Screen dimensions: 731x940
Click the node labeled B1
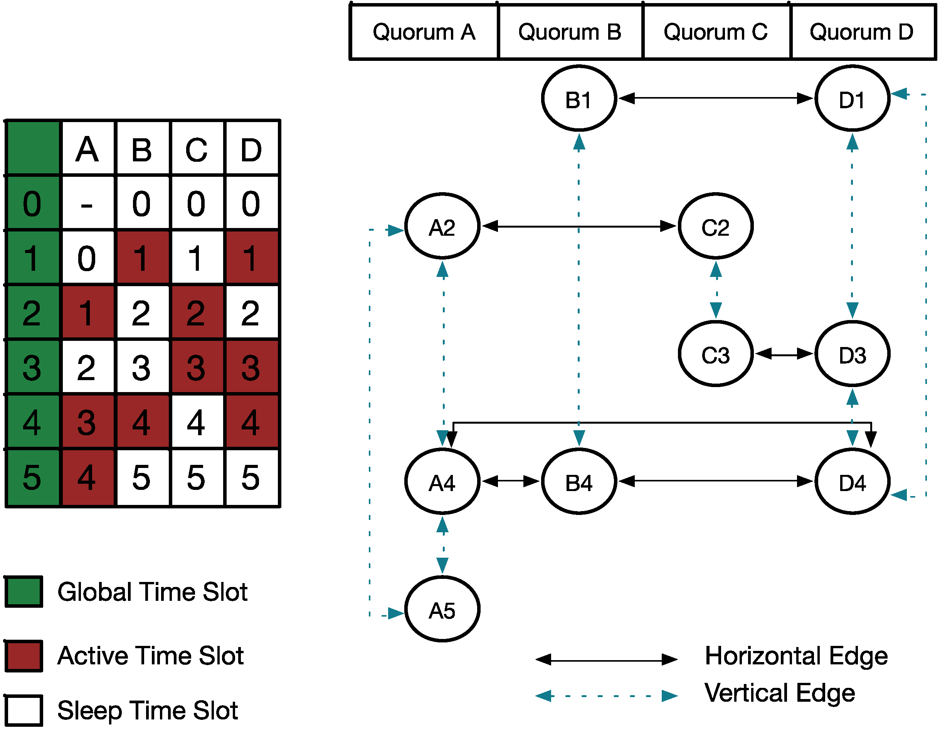[579, 99]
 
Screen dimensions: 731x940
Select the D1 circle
[852, 99]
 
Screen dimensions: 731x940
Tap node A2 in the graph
[442, 226]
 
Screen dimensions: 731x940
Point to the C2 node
[715, 226]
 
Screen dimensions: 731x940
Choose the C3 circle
[715, 354]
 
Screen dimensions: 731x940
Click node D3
[852, 354]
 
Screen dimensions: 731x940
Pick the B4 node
[579, 481]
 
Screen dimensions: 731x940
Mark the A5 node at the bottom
[442, 609]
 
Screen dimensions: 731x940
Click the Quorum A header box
[424, 32]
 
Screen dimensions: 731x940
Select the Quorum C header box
[716, 32]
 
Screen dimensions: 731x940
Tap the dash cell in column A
[87, 203]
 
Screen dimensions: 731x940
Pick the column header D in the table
[251, 149]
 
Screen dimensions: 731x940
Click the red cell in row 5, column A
[87, 477]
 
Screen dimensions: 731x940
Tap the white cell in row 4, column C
[197, 422]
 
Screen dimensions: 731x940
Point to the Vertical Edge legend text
[779, 693]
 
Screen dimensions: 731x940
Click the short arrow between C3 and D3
[784, 354]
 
